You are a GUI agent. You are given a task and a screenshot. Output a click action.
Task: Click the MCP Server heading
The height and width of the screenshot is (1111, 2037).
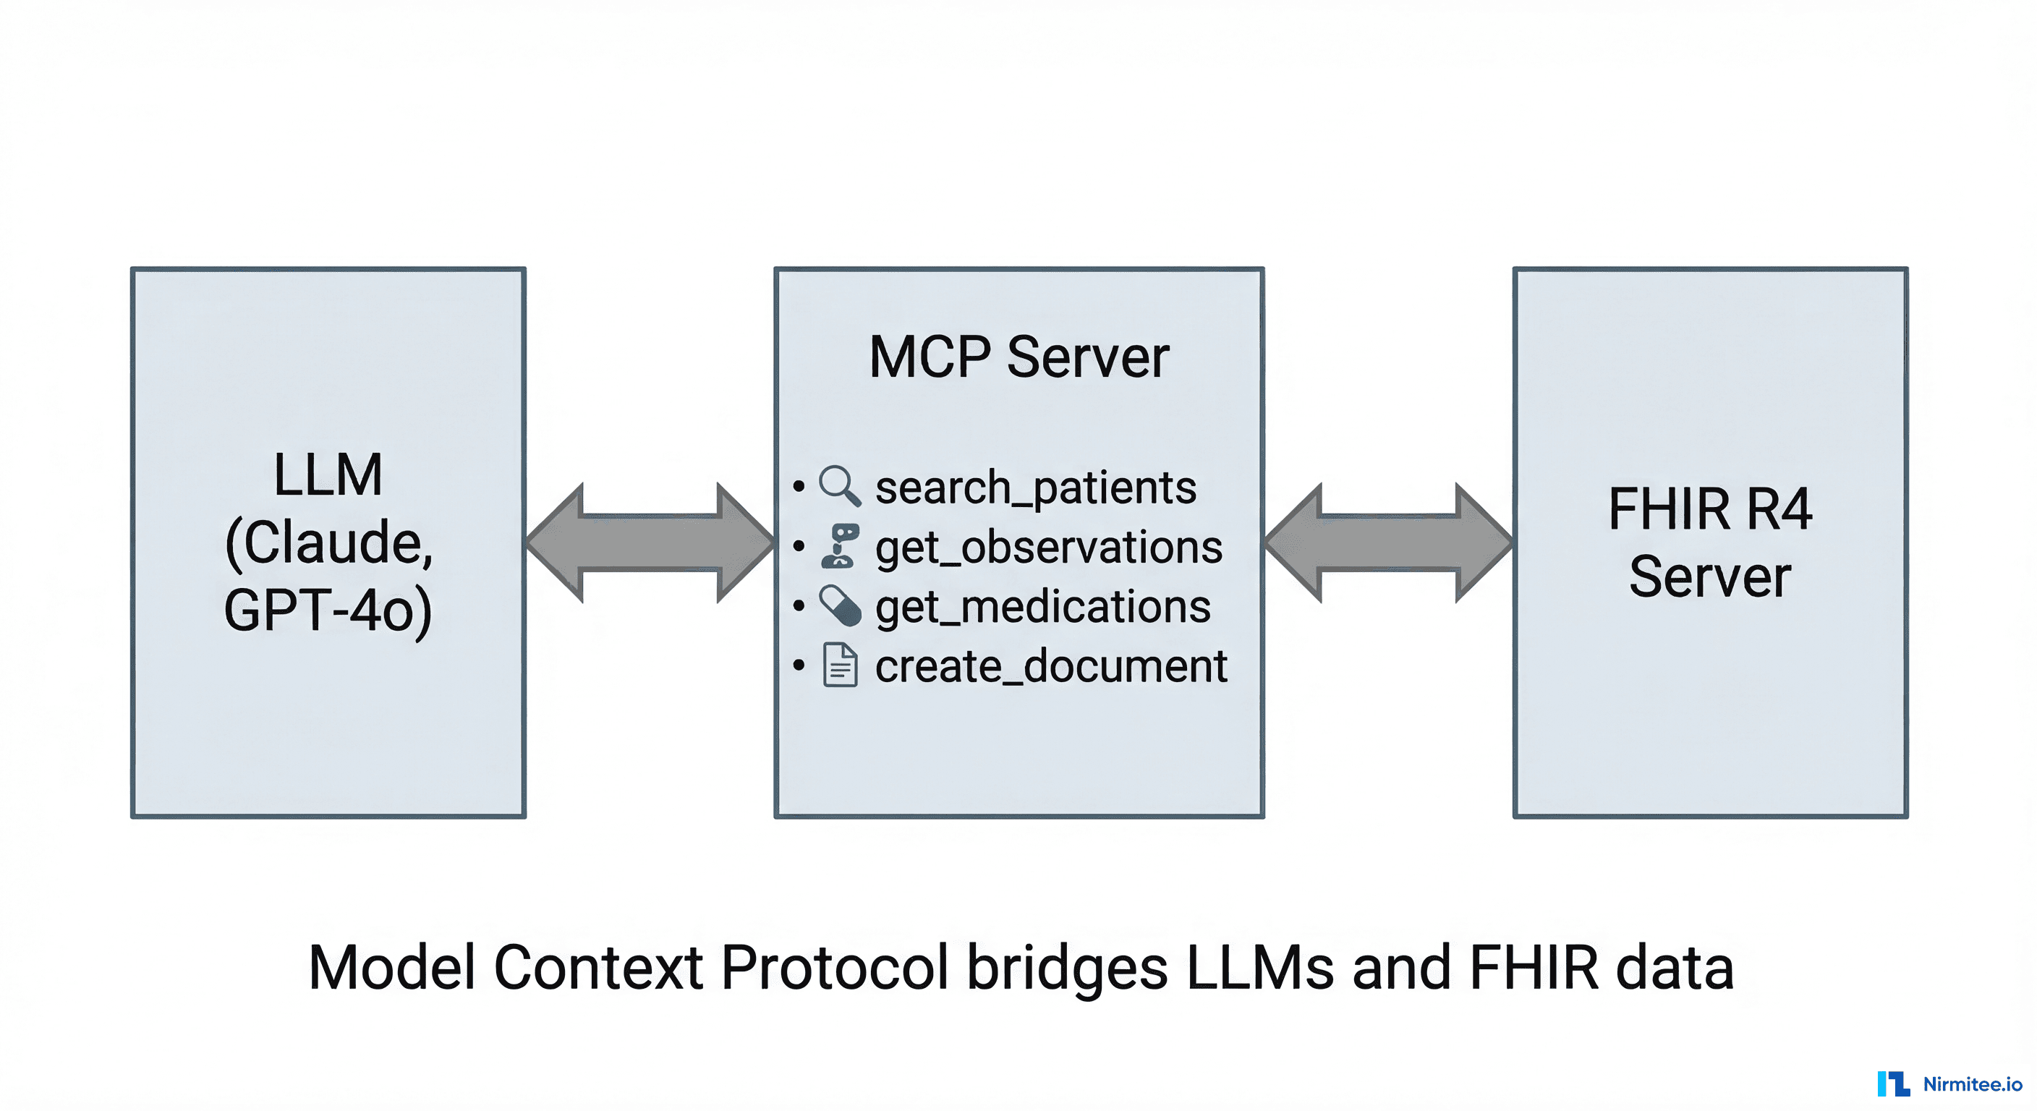tap(1018, 357)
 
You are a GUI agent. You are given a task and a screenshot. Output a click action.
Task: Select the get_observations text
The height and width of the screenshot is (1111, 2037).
tap(1049, 548)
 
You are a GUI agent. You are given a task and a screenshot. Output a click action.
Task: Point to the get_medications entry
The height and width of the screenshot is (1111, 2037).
tap(1042, 607)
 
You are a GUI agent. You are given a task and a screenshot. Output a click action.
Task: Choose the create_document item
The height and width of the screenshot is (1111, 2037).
tap(1051, 666)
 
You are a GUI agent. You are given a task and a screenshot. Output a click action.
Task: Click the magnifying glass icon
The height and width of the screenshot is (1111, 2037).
tap(839, 485)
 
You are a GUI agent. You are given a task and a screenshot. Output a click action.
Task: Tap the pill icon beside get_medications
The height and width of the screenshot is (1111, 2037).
tap(840, 605)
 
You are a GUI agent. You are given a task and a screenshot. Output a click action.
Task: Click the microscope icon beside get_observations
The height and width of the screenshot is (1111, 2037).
tap(840, 545)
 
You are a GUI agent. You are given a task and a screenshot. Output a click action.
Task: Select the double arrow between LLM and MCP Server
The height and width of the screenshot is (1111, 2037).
tap(650, 542)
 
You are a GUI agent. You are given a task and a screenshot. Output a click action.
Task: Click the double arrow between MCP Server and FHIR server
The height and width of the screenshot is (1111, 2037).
tap(1389, 542)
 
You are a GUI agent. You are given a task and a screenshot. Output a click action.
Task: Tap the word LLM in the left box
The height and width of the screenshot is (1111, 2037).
tap(328, 475)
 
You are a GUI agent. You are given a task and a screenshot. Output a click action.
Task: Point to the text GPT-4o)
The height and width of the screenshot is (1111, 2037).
tap(328, 610)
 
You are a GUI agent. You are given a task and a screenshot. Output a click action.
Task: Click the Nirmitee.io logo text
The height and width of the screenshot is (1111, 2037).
tap(1972, 1084)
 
